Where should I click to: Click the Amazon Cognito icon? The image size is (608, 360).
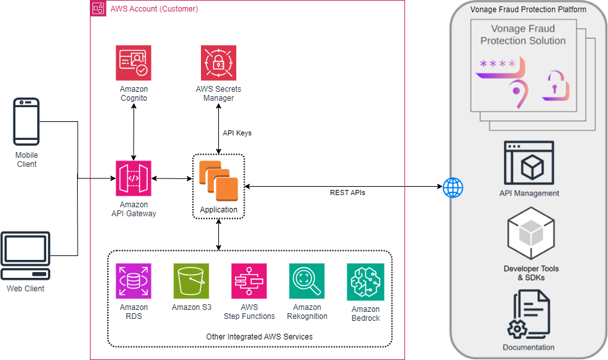[134, 63]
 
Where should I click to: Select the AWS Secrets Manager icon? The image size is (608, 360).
[218, 63]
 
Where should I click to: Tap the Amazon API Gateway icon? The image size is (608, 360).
[134, 178]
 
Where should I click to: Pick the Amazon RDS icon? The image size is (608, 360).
[134, 281]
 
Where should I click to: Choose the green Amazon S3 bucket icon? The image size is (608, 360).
[191, 281]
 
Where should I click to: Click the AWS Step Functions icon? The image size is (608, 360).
[249, 281]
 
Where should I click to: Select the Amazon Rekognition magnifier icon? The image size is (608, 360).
[307, 281]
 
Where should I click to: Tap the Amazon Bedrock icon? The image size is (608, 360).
[365, 282]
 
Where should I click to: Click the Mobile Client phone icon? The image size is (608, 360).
[26, 121]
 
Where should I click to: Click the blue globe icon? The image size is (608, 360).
[453, 188]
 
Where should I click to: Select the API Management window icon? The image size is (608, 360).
[529, 163]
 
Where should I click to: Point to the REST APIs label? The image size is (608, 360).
[347, 193]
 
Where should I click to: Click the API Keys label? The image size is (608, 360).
[237, 133]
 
